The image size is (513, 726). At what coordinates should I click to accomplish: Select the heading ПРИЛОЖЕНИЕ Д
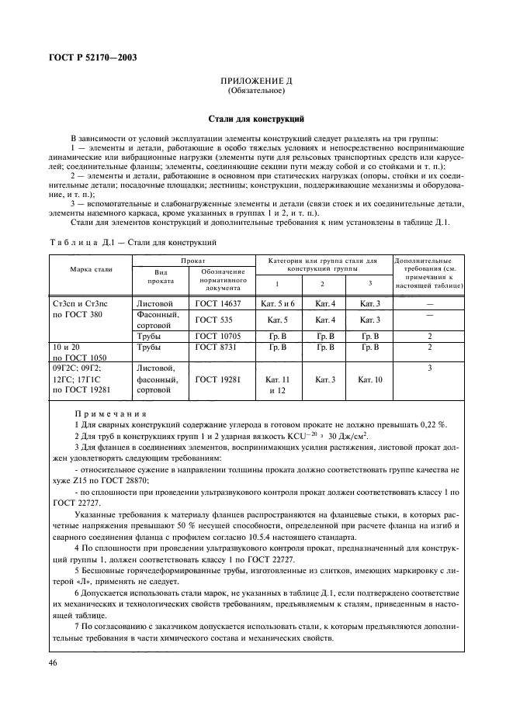[256, 81]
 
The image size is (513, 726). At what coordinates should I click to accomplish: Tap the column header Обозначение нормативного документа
[223, 278]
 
